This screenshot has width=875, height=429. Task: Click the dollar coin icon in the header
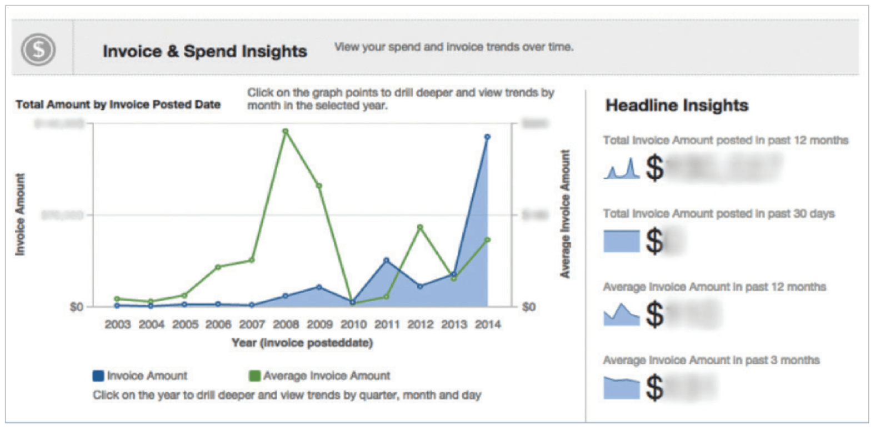38,49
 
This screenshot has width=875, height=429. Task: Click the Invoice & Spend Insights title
204,51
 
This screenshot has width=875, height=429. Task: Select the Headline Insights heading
677,105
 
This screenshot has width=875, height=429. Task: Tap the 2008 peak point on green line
286,132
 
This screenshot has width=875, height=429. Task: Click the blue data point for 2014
487,137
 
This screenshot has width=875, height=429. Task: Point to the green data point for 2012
420,227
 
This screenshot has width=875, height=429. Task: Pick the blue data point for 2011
387,260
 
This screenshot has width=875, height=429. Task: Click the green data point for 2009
319,186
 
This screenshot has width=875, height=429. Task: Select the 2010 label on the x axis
353,325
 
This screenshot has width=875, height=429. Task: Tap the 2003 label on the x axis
118,325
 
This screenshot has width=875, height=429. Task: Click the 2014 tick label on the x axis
488,325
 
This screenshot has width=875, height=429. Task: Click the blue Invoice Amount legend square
98,376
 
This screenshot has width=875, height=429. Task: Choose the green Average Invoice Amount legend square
254,376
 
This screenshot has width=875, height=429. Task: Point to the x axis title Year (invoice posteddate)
302,343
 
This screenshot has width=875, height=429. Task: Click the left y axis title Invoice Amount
20,214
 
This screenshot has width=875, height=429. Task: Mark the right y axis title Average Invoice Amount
565,214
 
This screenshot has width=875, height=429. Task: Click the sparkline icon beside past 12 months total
622,169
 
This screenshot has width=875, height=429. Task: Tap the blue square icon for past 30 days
622,241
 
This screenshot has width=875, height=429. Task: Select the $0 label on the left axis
77,307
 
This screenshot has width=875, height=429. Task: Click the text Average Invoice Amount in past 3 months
711,360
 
